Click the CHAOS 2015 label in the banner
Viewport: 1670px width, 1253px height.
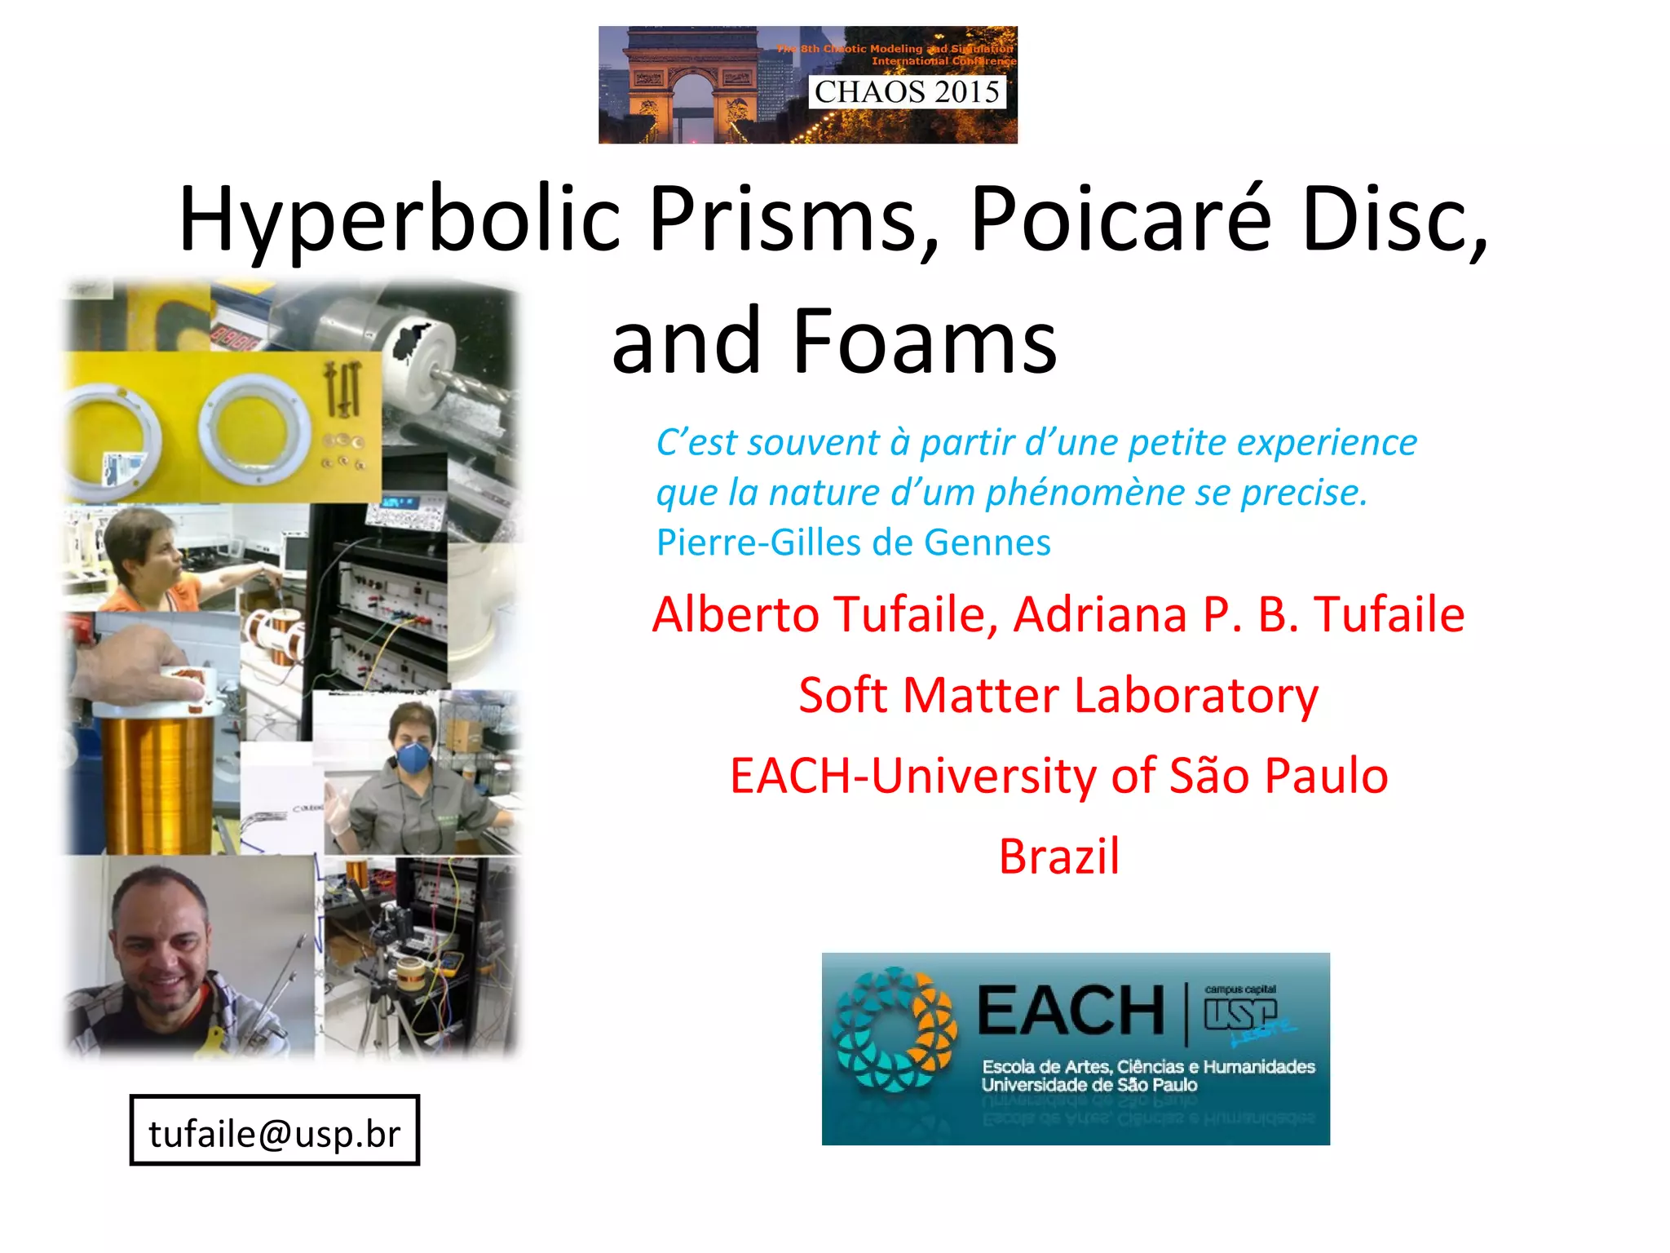[x=907, y=91]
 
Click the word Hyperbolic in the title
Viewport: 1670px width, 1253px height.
[x=400, y=219]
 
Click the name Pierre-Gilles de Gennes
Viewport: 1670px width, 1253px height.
[x=853, y=542]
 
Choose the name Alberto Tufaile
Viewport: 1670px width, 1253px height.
[x=824, y=614]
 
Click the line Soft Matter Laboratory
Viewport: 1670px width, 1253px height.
[x=1058, y=695]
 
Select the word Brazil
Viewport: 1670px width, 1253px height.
[x=1058, y=857]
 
